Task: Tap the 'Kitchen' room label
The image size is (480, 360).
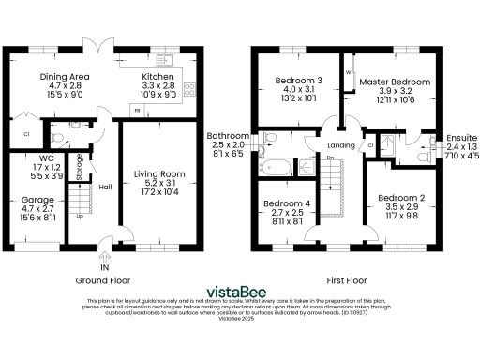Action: [x=157, y=76]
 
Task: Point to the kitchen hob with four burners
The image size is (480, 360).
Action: [x=190, y=90]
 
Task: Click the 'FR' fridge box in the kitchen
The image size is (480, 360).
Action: [x=138, y=111]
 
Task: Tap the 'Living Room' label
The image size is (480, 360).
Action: [x=159, y=173]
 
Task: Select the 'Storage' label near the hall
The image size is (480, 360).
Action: [x=82, y=168]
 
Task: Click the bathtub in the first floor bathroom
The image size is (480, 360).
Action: [x=279, y=169]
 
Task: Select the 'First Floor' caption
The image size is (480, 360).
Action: [x=349, y=279]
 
